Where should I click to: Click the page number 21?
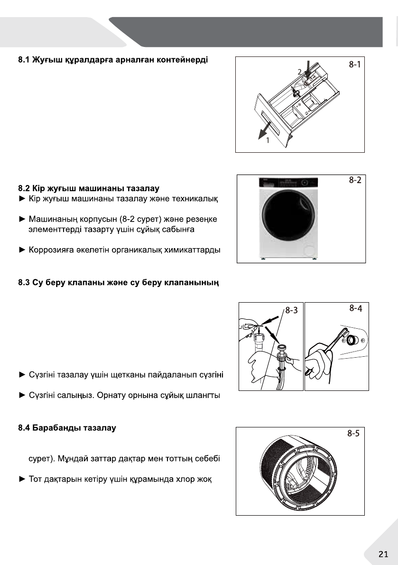tap(383, 554)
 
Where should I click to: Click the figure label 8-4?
tap(356, 308)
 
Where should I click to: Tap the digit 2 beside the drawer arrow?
tap(299, 71)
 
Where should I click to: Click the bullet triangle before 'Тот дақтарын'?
tap(21, 478)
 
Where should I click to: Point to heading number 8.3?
tap(24, 284)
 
